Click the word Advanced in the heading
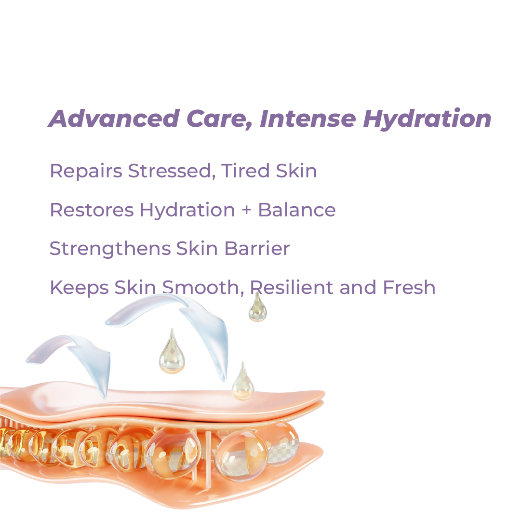click(114, 119)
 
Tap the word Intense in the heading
click(307, 119)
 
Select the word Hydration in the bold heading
click(427, 119)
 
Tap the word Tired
click(245, 171)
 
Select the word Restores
click(92, 210)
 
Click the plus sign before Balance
click(247, 210)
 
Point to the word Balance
click(297, 210)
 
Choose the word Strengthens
click(110, 249)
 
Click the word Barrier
click(257, 249)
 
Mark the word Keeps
click(79, 288)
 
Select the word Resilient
click(292, 287)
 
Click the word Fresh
click(409, 287)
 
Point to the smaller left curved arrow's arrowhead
click(96, 369)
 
